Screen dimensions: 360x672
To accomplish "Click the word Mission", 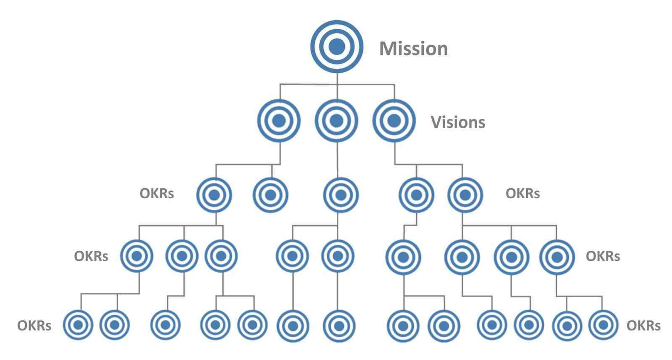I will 413,49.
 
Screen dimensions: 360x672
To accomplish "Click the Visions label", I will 458,122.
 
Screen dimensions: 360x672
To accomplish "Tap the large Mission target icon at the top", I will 336,47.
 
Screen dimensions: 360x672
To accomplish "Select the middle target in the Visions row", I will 336,121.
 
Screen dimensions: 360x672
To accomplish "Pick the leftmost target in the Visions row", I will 279,121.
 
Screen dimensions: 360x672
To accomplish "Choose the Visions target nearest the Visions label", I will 394,121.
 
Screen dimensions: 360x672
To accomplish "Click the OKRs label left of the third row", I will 157,194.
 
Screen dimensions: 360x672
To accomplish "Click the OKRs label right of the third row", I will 522,194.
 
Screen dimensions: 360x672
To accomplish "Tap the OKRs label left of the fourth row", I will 91,256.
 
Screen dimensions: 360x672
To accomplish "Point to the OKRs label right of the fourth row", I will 603,256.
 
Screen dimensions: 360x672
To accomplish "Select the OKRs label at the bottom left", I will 34,326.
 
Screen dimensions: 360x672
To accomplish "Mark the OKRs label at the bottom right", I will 643,326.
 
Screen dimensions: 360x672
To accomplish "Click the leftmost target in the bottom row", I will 78,325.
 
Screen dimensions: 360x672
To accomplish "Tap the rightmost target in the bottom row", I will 603,325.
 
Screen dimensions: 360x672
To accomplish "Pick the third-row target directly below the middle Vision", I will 341,195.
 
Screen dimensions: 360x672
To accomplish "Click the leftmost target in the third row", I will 214,195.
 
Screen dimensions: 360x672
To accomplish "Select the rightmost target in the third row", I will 465,195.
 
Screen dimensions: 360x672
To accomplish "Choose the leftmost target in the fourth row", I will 136,256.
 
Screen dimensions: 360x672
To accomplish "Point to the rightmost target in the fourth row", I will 556,257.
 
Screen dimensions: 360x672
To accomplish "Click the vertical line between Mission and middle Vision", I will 336,86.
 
